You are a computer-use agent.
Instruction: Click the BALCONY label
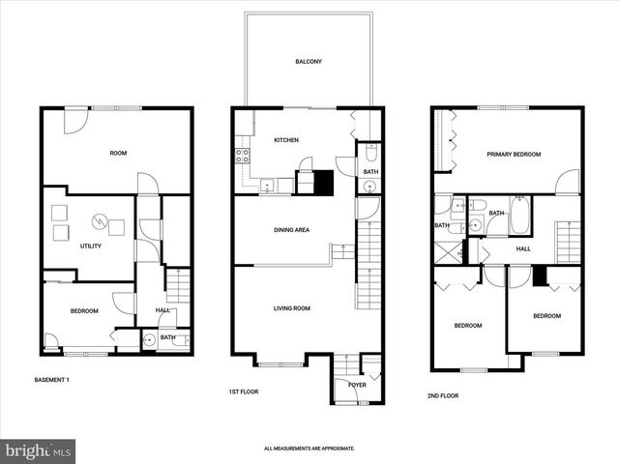[308, 62]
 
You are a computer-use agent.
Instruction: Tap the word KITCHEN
[286, 140]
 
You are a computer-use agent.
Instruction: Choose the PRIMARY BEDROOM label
[514, 154]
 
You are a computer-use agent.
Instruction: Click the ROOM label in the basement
[118, 153]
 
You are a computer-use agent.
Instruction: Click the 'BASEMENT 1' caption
[52, 379]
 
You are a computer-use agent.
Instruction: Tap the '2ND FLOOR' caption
[443, 395]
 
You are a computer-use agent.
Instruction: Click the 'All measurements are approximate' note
[309, 449]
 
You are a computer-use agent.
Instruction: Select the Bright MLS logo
[39, 450]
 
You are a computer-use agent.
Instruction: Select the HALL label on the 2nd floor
[523, 248]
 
